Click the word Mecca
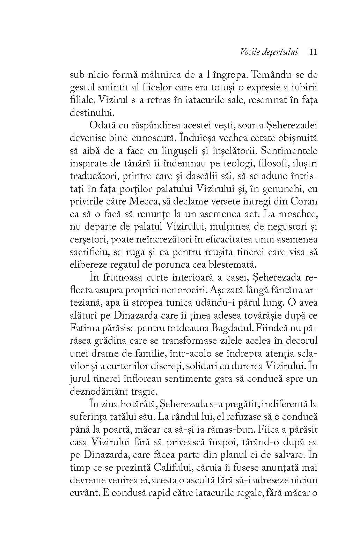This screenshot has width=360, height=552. pyautogui.click(x=145, y=202)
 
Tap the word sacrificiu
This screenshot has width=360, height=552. pyautogui.click(x=92, y=252)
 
